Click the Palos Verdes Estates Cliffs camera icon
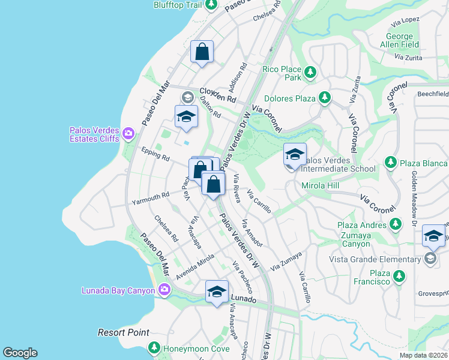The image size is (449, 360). (x=128, y=133)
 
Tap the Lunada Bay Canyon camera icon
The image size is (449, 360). (x=164, y=291)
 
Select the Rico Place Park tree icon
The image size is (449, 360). (x=310, y=73)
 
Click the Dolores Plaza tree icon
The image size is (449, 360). (x=325, y=97)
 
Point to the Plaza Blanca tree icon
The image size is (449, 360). (x=391, y=163)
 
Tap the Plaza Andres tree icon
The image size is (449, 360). (x=395, y=224)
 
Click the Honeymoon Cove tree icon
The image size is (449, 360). (x=154, y=347)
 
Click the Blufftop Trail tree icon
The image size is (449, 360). (x=211, y=5)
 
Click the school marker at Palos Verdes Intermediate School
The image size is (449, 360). (x=295, y=155)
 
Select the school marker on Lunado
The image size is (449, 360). (x=217, y=292)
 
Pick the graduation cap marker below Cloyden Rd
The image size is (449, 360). (x=186, y=117)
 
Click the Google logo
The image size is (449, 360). (x=20, y=353)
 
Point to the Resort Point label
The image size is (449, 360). (x=124, y=332)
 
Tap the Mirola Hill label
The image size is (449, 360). (x=321, y=186)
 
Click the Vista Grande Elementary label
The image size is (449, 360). (x=375, y=259)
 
